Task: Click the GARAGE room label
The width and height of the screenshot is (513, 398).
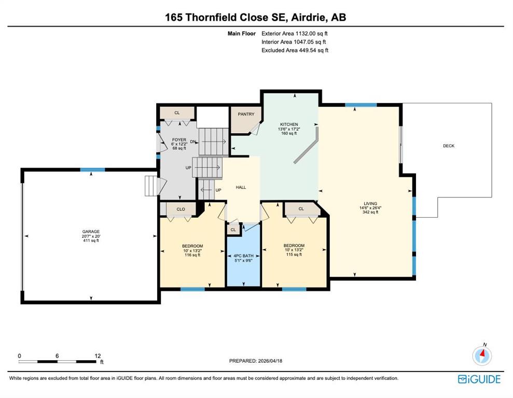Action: pos(91,231)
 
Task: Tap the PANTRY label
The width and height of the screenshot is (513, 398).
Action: pos(246,114)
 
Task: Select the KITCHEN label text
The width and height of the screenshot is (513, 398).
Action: pos(289,124)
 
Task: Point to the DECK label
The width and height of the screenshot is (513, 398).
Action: pos(449,146)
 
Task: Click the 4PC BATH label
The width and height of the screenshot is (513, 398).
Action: pos(243,256)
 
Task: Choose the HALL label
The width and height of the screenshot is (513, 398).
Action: pos(241,187)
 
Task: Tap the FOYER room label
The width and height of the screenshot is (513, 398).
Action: pos(179,139)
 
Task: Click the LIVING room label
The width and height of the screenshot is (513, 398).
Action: pos(370,203)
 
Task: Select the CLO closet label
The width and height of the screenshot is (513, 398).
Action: pos(181,209)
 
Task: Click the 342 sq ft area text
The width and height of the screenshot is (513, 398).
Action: pos(370,212)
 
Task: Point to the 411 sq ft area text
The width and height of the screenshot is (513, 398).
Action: pos(91,240)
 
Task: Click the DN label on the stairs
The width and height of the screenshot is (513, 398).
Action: pos(193,142)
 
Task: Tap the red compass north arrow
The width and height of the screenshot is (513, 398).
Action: pos(482,353)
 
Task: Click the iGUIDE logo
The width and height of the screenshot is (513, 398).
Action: pos(479,379)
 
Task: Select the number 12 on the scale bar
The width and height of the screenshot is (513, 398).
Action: pos(98,356)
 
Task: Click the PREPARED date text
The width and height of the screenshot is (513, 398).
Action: pos(256,361)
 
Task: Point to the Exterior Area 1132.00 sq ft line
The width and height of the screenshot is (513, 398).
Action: pos(295,33)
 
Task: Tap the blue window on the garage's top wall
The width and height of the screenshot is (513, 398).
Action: pos(92,169)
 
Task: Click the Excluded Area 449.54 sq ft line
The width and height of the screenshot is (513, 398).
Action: pos(295,50)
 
